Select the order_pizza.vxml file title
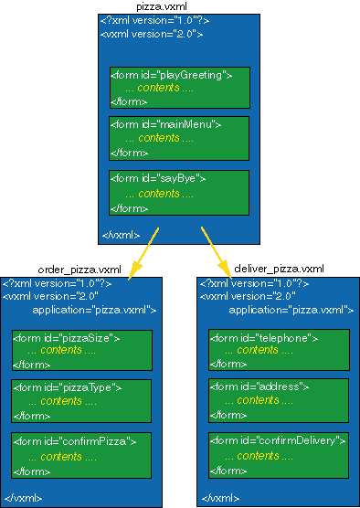[x=79, y=270]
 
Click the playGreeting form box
[x=179, y=88]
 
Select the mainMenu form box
[x=179, y=138]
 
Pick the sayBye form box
[x=179, y=193]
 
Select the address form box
[x=279, y=400]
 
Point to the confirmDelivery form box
[x=279, y=456]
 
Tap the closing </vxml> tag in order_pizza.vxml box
[x=22, y=498]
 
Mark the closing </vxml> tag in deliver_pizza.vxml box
[x=219, y=498]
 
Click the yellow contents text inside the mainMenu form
[x=159, y=138]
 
